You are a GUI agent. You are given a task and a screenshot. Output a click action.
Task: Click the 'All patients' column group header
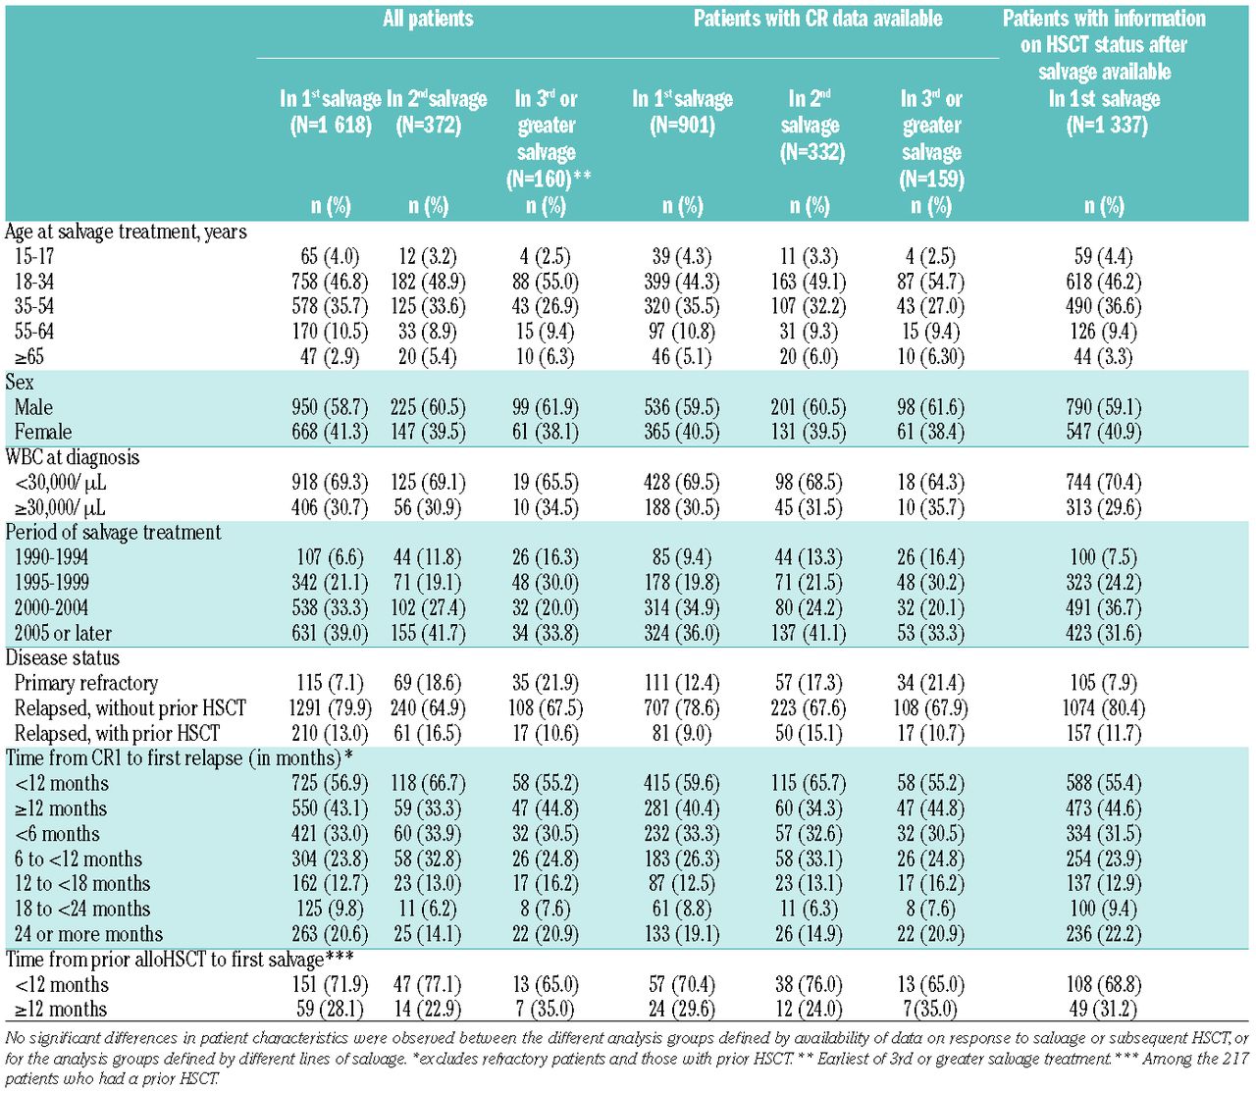[428, 19]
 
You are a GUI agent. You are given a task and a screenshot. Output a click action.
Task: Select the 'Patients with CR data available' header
[817, 19]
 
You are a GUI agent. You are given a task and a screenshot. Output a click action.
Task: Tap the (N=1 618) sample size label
[331, 125]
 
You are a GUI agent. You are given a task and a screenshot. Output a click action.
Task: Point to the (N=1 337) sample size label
[1105, 125]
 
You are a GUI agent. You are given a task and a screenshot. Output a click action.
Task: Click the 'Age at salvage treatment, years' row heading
[126, 232]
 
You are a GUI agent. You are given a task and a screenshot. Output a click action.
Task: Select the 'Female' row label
[43, 433]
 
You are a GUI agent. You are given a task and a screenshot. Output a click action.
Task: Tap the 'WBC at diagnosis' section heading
[73, 457]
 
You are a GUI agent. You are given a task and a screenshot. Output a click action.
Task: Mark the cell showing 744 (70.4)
[1104, 483]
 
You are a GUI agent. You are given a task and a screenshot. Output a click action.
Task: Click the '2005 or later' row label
[63, 633]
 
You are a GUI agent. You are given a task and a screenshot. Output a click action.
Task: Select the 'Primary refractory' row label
[86, 683]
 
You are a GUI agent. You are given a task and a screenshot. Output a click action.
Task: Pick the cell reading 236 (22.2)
[1104, 934]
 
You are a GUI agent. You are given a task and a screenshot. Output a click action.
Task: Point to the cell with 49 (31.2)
[1104, 1010]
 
